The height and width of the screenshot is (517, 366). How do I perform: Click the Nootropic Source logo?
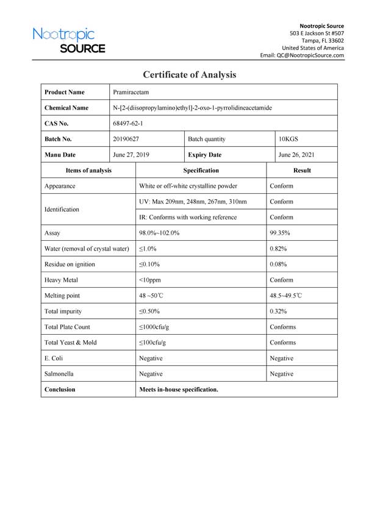[x=69, y=40]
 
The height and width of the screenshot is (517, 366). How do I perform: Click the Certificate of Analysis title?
[x=189, y=75]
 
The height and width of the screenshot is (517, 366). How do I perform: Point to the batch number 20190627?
[x=126, y=139]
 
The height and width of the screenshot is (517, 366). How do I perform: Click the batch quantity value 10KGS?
[x=289, y=139]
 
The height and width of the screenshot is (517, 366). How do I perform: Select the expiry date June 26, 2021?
[x=296, y=155]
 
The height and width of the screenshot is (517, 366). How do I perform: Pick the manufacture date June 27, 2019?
[x=131, y=155]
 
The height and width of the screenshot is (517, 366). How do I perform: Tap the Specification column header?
[x=201, y=171]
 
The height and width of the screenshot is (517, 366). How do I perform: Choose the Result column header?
[x=302, y=171]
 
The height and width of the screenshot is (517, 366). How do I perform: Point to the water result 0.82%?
[x=278, y=249]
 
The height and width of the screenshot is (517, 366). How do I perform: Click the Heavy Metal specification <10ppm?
[x=150, y=280]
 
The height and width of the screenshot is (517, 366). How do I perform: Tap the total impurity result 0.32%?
[x=278, y=312]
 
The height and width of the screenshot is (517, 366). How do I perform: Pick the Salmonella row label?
[x=60, y=374]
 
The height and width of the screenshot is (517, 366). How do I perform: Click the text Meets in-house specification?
[x=179, y=389]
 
